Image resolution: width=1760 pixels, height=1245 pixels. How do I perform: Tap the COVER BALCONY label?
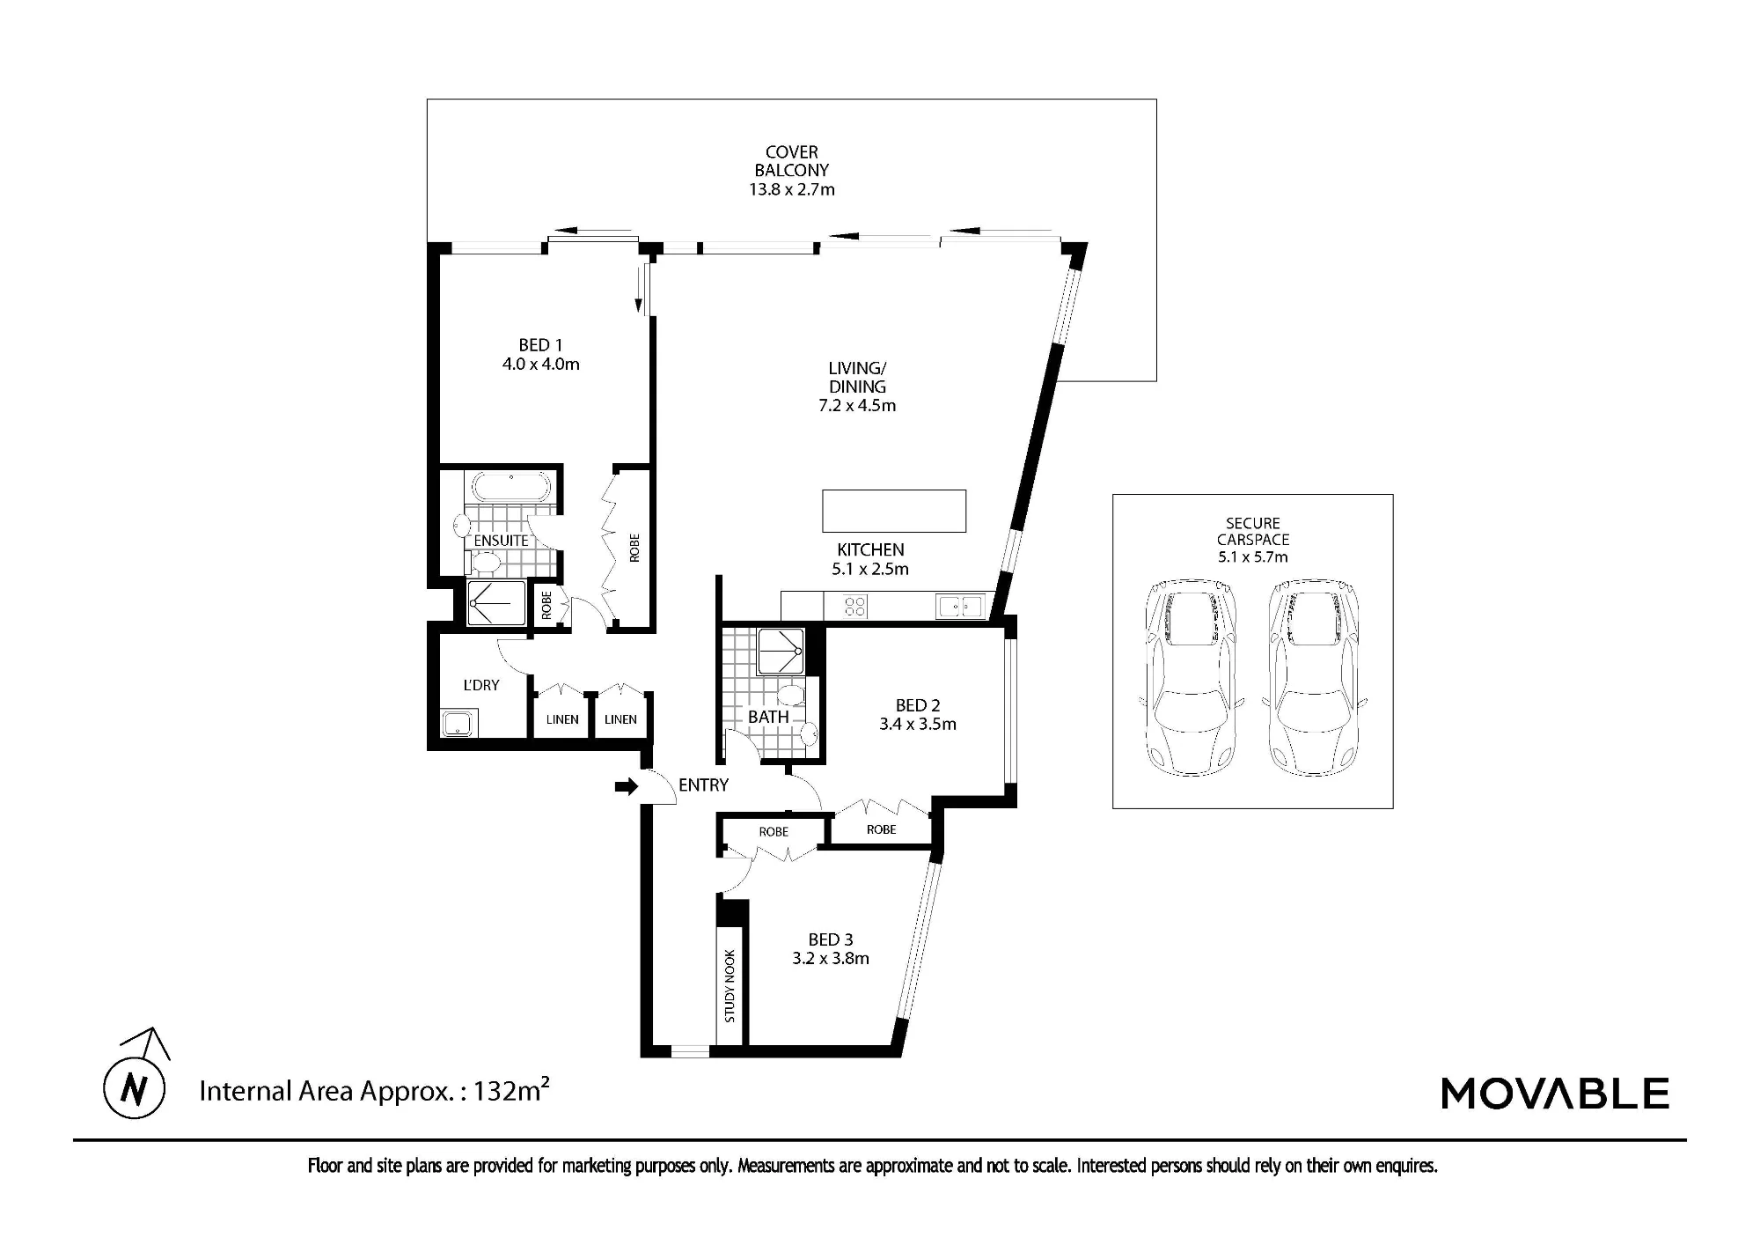(x=792, y=161)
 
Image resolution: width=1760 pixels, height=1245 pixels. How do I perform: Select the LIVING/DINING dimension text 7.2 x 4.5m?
(x=857, y=405)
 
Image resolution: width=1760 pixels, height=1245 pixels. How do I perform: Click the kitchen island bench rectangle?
(x=894, y=511)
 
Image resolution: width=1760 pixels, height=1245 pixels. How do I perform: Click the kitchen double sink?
(x=960, y=606)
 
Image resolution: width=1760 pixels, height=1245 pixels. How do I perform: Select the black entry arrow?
(x=627, y=787)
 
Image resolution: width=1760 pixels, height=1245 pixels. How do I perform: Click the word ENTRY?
(x=703, y=785)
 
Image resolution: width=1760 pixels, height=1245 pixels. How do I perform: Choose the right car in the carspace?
(x=1314, y=678)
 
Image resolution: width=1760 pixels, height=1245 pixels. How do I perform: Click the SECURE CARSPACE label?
(x=1253, y=531)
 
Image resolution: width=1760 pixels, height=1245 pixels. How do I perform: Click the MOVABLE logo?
(x=1555, y=1094)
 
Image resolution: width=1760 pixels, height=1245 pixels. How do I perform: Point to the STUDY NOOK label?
(x=730, y=986)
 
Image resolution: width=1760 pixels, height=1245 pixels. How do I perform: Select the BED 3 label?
(x=831, y=939)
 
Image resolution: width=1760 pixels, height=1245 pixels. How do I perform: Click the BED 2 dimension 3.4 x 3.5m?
(x=918, y=724)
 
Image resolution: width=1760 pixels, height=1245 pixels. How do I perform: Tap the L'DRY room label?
(x=481, y=685)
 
